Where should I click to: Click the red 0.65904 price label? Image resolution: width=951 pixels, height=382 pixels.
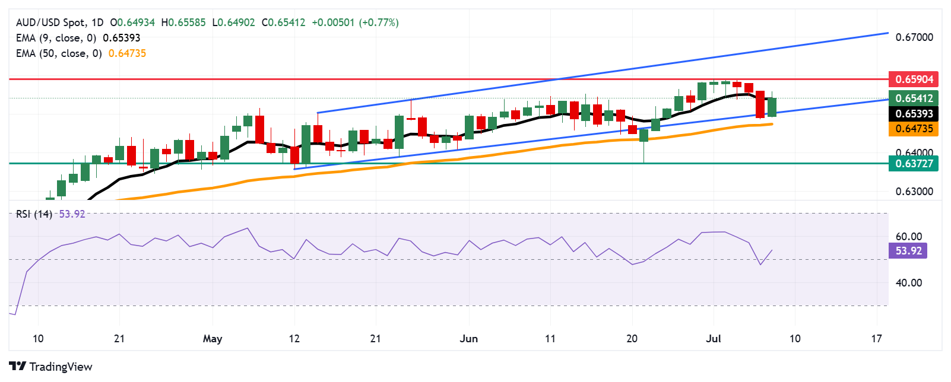click(x=914, y=79)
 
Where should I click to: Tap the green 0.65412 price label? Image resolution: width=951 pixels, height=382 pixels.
click(x=914, y=98)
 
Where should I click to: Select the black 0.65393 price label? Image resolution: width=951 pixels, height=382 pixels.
click(x=914, y=113)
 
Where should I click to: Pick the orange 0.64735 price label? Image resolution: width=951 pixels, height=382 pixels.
click(x=914, y=129)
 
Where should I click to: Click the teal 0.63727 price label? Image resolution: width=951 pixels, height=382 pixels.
click(x=914, y=163)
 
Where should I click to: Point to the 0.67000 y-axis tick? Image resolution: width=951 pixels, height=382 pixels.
click(x=914, y=37)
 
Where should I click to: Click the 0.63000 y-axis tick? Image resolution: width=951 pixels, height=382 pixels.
click(x=914, y=192)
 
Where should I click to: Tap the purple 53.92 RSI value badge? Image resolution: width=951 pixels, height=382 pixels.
click(x=908, y=251)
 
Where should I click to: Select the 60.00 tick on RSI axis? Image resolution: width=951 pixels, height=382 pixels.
click(x=908, y=237)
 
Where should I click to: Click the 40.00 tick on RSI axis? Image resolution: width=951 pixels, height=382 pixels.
click(x=908, y=283)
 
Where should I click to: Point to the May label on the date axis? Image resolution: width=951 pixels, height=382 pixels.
click(x=212, y=339)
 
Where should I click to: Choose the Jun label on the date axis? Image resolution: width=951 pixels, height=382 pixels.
click(x=468, y=339)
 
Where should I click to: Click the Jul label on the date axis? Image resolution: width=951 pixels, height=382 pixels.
click(x=713, y=339)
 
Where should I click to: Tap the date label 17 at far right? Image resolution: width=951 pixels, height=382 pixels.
click(x=876, y=339)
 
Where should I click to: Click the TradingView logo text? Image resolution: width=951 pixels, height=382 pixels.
click(x=61, y=367)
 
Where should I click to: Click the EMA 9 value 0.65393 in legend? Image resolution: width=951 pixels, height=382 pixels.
click(x=122, y=38)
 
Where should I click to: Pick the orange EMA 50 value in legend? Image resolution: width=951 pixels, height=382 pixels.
click(x=127, y=53)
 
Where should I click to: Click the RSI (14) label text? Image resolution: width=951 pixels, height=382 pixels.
click(x=34, y=214)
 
